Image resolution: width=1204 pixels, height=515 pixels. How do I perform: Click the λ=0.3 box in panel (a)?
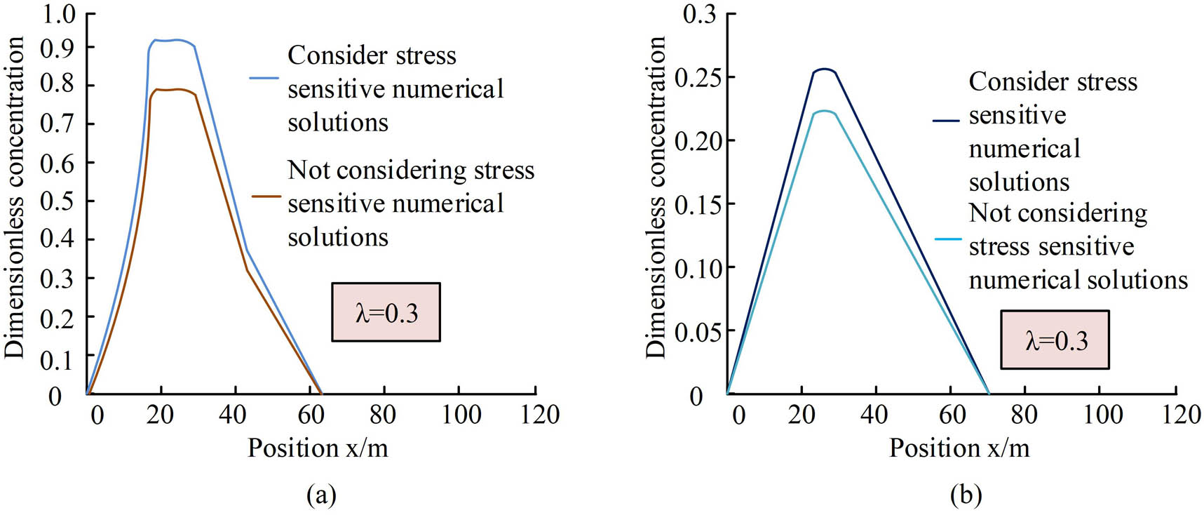[386, 312]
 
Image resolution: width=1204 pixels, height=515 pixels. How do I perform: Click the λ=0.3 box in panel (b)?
[1055, 340]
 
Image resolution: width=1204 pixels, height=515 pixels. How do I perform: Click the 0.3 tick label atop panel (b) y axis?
[699, 13]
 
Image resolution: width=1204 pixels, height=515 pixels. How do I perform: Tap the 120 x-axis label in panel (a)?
[540, 414]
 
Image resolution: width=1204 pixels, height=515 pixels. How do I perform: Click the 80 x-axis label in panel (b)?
[1024, 414]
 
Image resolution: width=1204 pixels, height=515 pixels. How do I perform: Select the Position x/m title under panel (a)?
[317, 448]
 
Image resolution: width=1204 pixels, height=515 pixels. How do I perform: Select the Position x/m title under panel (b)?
[959, 448]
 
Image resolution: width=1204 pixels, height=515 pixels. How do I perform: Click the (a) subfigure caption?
[321, 495]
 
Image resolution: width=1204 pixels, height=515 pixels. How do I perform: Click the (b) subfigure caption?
[965, 495]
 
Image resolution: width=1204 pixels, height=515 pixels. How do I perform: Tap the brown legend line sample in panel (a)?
[266, 196]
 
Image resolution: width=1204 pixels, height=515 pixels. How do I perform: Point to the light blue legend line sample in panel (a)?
[264, 77]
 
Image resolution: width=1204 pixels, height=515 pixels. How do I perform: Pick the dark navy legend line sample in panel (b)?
[945, 121]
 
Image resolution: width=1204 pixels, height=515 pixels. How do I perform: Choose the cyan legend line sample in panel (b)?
[947, 239]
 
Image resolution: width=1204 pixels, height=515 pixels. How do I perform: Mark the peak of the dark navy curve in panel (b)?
[825, 69]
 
